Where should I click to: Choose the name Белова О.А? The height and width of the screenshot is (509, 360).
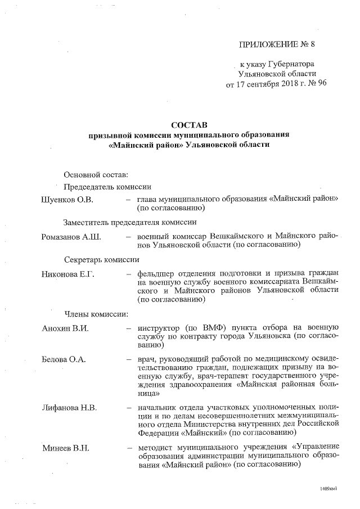(64, 359)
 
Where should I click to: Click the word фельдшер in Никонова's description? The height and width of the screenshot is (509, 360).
(156, 274)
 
